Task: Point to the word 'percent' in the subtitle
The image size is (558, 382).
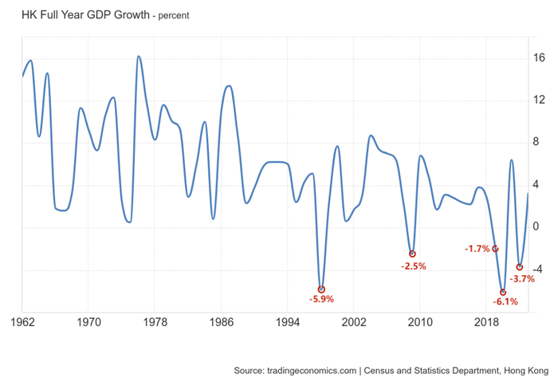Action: coord(173,15)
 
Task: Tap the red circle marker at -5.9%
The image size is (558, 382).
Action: coord(321,289)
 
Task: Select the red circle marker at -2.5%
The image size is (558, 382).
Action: coord(412,254)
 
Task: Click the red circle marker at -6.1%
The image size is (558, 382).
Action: coord(502,292)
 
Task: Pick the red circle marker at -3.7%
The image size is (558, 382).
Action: coord(520,267)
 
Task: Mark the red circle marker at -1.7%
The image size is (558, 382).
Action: coord(495,249)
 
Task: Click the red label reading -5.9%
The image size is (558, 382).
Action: coord(321,300)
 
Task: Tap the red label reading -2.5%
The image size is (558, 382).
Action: coord(413,266)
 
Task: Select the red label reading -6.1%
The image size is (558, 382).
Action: coord(505,302)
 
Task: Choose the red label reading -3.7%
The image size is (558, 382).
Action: coord(522,279)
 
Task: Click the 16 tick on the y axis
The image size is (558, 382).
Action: coord(539,58)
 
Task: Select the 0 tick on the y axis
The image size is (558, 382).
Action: coord(537,227)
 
